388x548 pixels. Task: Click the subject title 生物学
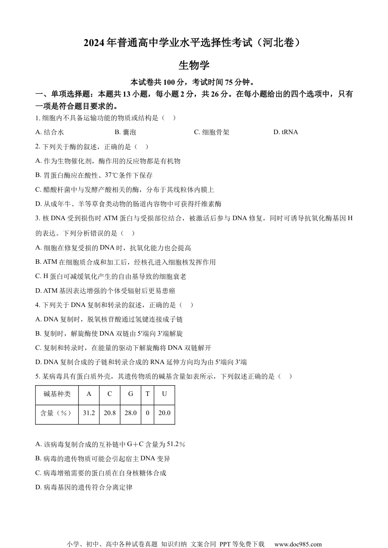(x=194, y=65)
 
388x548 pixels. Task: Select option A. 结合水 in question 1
(x=50, y=132)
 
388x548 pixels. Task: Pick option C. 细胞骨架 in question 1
(x=212, y=132)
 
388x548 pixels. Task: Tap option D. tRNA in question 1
(x=285, y=132)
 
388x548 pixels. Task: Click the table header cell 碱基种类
(x=57, y=394)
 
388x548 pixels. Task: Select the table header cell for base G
(x=131, y=394)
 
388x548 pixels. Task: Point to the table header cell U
(x=164, y=394)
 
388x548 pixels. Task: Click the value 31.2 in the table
(x=89, y=413)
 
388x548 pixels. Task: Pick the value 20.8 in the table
(x=109, y=413)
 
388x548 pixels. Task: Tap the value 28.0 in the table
(x=131, y=413)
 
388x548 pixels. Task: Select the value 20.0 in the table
(x=164, y=413)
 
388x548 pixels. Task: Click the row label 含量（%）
(x=57, y=413)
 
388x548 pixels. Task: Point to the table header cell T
(x=147, y=394)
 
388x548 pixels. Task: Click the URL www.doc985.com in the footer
(x=298, y=544)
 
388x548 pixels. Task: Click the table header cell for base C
(x=109, y=394)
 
